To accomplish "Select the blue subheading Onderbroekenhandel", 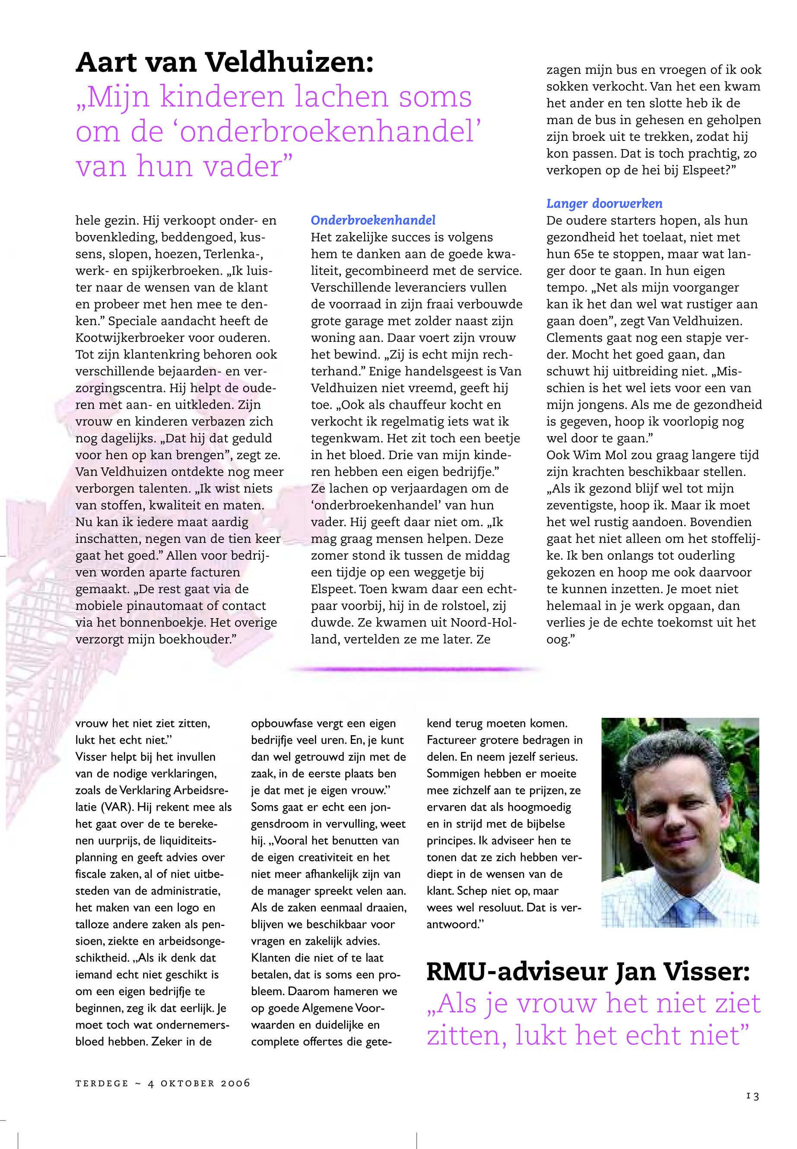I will (373, 220).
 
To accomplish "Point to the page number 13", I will (753, 1096).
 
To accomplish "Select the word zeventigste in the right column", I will (579, 505).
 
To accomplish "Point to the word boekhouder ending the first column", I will (194, 639).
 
